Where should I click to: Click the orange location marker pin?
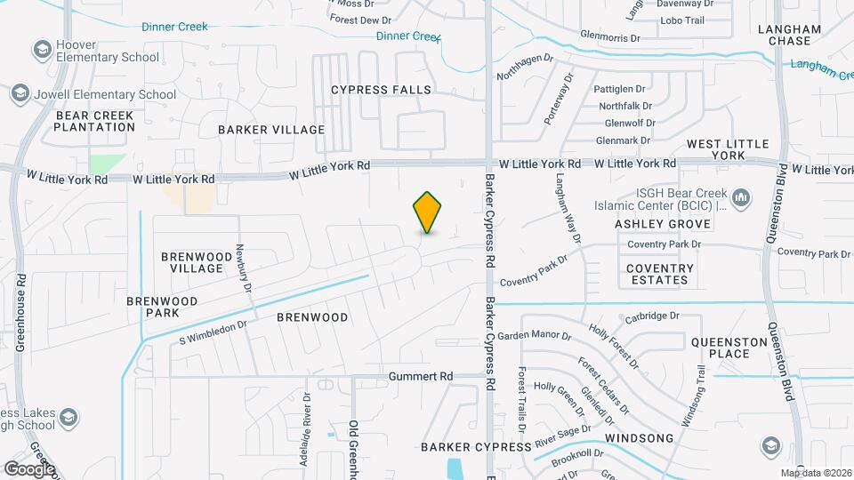point(428,212)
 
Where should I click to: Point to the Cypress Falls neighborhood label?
point(381,90)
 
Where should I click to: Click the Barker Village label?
point(271,130)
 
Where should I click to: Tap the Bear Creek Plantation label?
point(94,121)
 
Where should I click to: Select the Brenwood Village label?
point(191,262)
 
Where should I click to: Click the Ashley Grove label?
point(663,224)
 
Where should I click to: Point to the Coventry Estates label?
point(659,274)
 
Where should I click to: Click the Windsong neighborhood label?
point(640,439)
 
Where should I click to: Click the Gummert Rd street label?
point(421,377)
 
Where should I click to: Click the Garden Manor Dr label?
point(534,336)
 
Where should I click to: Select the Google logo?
point(29,468)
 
